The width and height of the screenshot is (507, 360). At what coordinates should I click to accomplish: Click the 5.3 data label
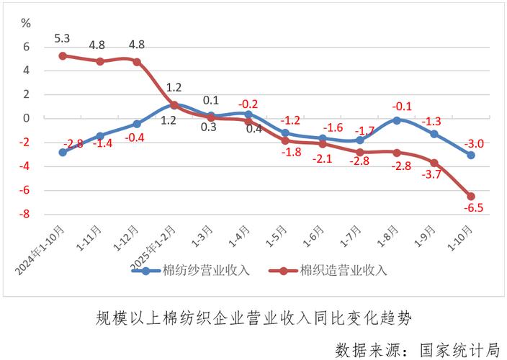[x=62, y=37]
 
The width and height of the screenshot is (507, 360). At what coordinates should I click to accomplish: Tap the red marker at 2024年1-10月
[x=63, y=55]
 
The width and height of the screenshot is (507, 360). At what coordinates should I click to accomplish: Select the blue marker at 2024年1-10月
[x=63, y=152]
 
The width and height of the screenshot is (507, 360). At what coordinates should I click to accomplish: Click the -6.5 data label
[x=472, y=210]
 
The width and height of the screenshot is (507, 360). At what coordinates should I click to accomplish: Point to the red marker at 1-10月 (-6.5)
[x=470, y=196]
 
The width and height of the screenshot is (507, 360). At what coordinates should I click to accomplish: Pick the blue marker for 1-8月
[x=396, y=120]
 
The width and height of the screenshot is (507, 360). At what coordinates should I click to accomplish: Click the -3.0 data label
[x=472, y=142]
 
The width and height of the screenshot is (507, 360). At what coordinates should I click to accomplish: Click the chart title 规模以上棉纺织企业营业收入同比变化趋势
[x=254, y=318]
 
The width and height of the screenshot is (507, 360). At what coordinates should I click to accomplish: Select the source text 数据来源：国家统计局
[x=418, y=348]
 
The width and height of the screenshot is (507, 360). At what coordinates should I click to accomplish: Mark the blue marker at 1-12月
[x=137, y=124]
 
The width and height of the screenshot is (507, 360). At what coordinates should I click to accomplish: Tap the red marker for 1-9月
[x=434, y=163]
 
